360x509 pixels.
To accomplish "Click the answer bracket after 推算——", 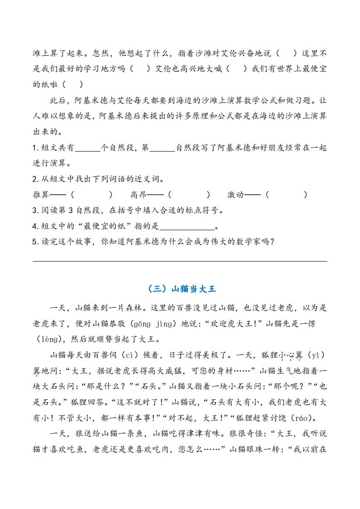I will click(92, 195).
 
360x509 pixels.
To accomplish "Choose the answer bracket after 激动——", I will click(286, 195).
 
